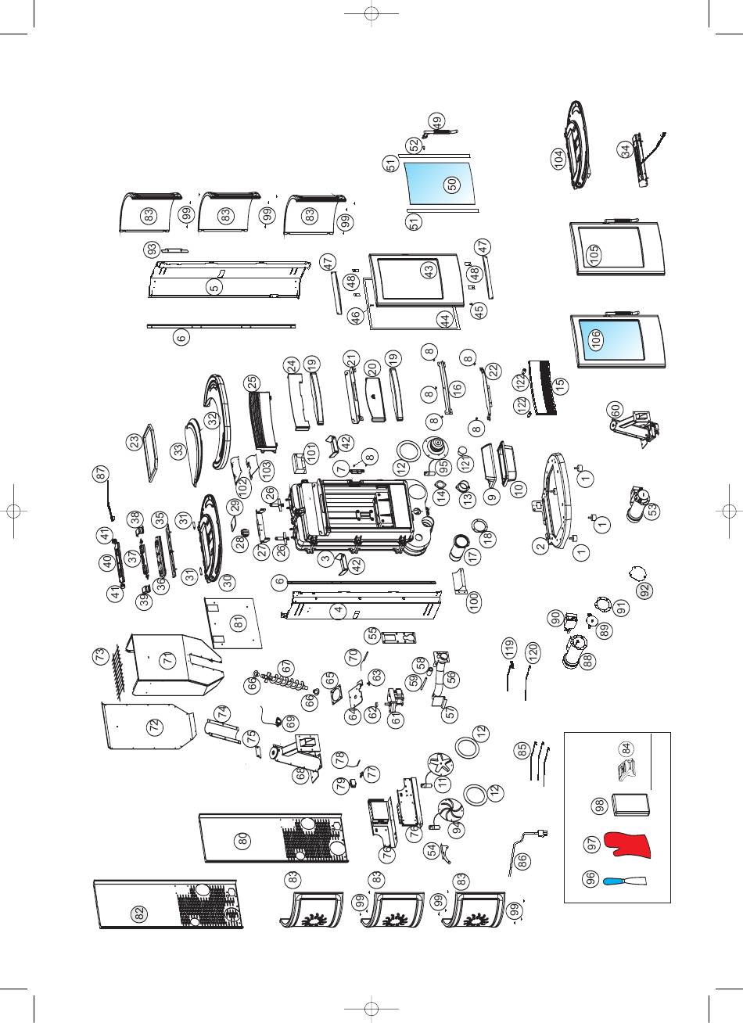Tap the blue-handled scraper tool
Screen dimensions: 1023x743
pos(623,881)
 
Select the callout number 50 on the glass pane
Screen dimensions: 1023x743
pos(451,185)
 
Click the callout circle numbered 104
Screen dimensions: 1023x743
pos(558,159)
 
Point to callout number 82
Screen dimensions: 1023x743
pos(138,914)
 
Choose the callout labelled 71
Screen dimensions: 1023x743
pos(167,660)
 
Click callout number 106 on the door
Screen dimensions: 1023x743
pos(596,340)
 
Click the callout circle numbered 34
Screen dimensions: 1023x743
pos(625,152)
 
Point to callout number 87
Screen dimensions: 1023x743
pos(100,474)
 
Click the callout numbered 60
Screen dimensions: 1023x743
pos(616,410)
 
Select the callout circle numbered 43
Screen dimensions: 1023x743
pos(428,271)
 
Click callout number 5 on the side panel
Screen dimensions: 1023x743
pos(213,287)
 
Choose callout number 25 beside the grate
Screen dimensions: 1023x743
pos(252,382)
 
